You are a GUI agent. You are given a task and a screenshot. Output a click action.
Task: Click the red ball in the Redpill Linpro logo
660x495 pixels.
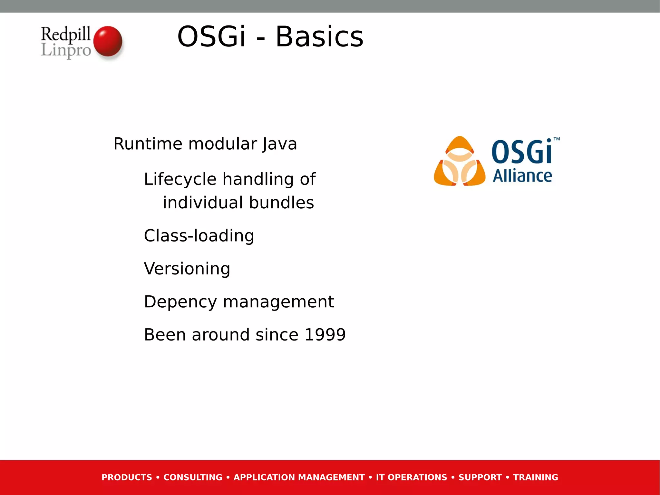pyautogui.click(x=108, y=41)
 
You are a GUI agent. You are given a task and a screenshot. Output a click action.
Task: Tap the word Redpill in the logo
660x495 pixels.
pyautogui.click(x=65, y=34)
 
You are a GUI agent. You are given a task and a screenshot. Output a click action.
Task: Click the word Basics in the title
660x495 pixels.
pyautogui.click(x=319, y=37)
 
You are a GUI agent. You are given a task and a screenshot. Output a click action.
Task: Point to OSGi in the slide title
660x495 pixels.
pyautogui.click(x=212, y=37)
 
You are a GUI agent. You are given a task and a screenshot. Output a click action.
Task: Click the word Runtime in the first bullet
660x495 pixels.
pyautogui.click(x=148, y=144)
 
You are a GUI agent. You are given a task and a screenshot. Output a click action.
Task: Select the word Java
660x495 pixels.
pyautogui.click(x=279, y=144)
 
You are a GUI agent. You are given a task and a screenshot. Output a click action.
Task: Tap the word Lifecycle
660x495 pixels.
pyautogui.click(x=180, y=179)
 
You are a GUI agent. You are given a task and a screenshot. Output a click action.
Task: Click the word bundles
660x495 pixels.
pyautogui.click(x=281, y=203)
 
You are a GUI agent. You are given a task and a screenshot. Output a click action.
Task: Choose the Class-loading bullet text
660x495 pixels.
pyautogui.click(x=199, y=236)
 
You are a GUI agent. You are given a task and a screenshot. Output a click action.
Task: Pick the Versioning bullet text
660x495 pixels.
pyautogui.click(x=187, y=269)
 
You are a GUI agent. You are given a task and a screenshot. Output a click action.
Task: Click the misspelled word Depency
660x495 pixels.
pyautogui.click(x=180, y=302)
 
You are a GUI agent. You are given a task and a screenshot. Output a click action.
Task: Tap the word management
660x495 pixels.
pyautogui.click(x=278, y=302)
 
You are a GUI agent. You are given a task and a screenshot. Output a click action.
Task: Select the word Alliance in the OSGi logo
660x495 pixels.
pyautogui.click(x=522, y=176)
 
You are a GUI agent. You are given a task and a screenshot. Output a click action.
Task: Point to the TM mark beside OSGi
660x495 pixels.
pyautogui.click(x=557, y=139)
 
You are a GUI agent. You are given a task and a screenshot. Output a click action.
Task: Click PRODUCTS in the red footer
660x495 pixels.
pyautogui.click(x=127, y=477)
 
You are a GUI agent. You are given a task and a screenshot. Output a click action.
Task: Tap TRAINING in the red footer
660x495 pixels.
pyautogui.click(x=535, y=477)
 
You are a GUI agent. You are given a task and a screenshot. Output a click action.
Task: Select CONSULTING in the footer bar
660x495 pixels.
pyautogui.click(x=193, y=477)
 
